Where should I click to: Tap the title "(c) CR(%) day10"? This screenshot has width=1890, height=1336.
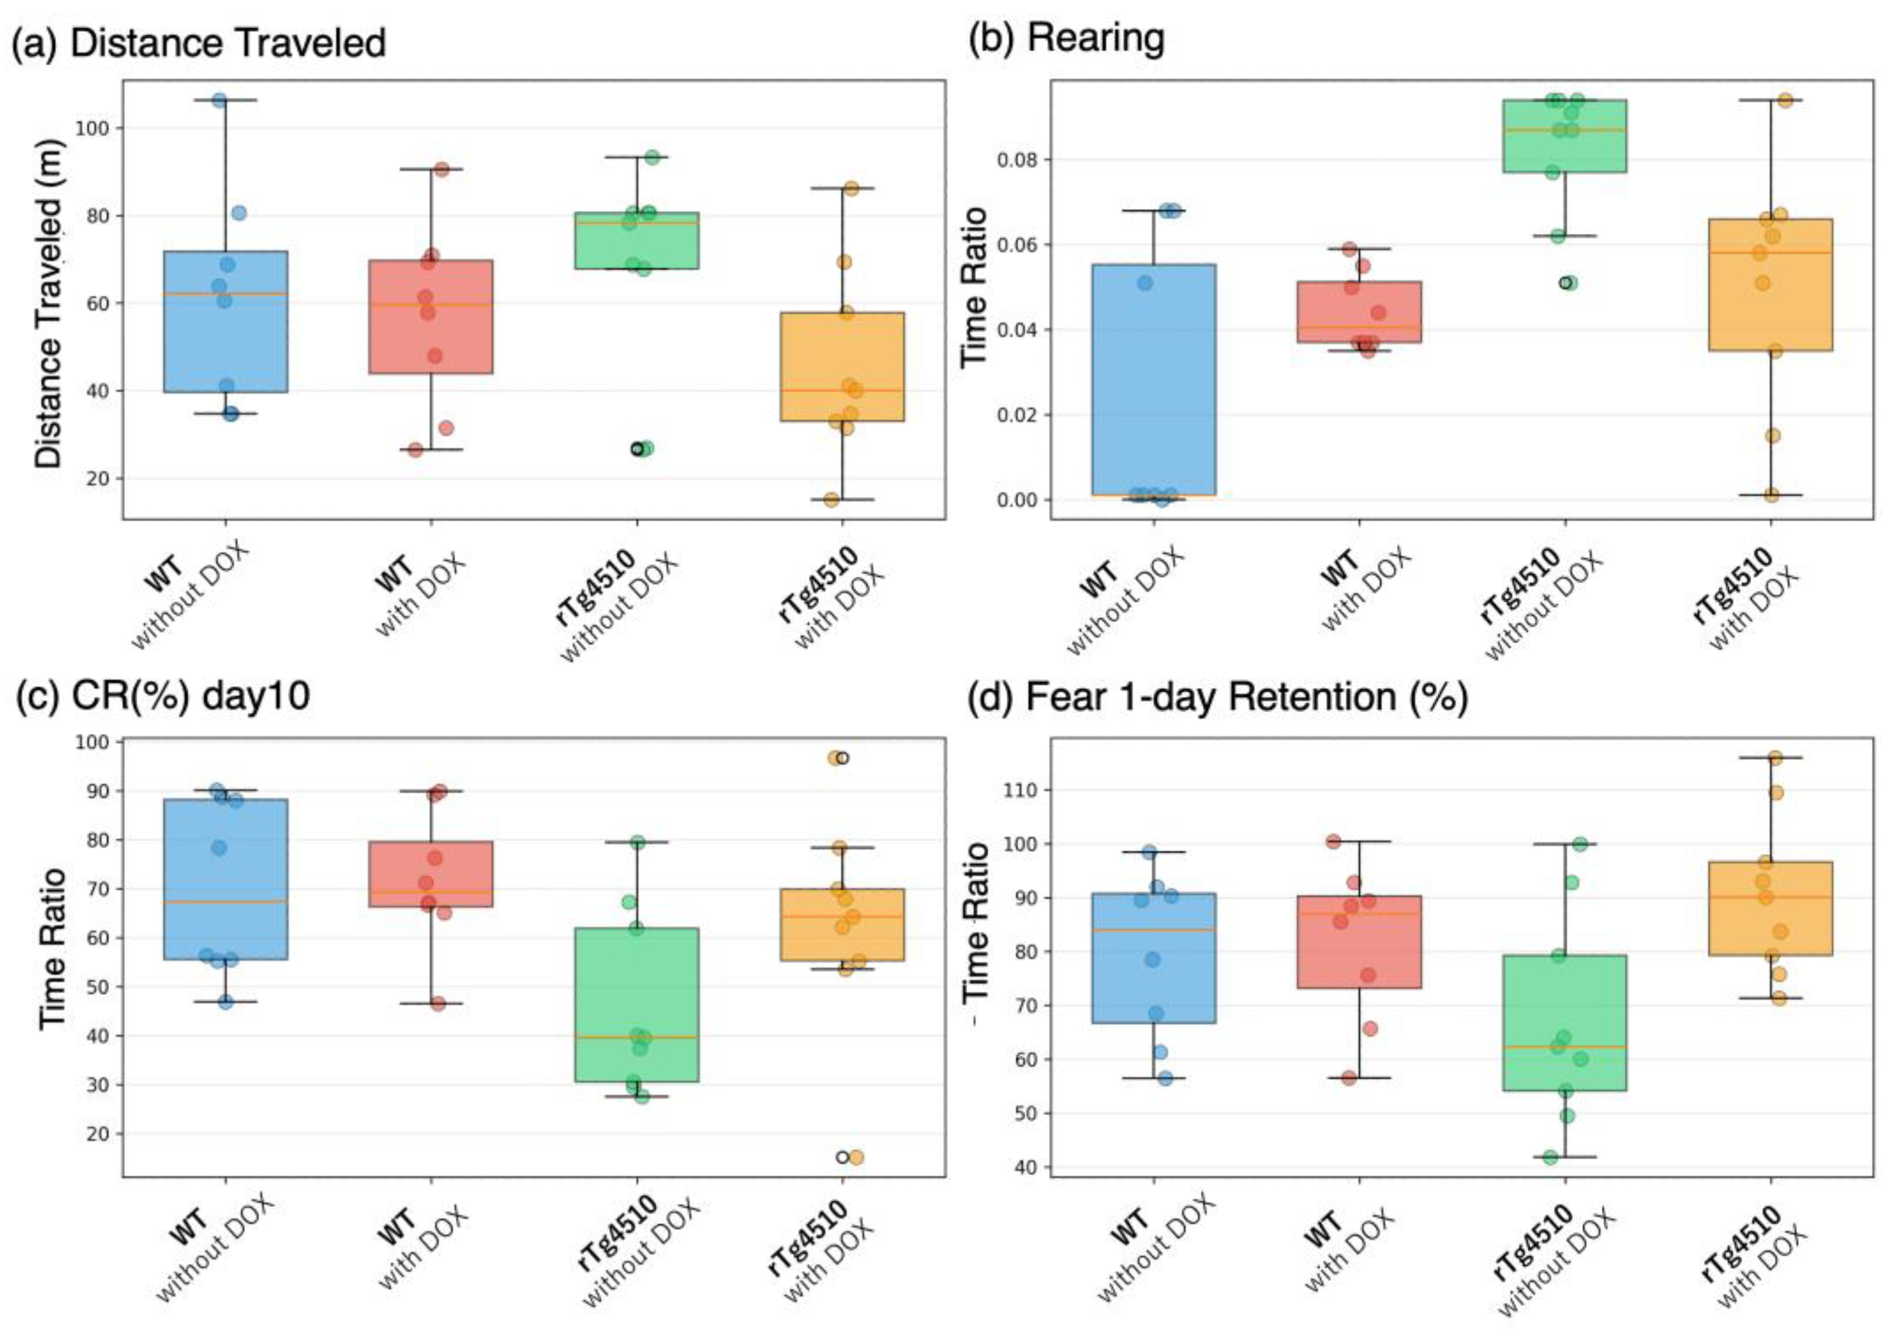point(164,696)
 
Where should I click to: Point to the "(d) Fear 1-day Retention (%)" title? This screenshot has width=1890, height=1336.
point(1217,697)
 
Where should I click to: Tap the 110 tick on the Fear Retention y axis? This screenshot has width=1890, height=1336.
point(1021,790)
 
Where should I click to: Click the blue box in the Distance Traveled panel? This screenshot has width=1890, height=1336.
point(225,321)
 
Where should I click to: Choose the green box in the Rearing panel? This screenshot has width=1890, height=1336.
point(1564,136)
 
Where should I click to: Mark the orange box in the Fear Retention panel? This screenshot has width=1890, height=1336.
point(1770,908)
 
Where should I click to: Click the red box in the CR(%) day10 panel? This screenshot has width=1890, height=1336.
point(431,873)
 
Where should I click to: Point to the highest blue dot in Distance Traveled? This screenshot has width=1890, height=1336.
point(219,101)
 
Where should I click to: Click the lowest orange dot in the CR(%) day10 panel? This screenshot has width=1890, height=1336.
point(856,1157)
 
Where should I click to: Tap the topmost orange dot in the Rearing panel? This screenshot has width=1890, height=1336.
point(1785,101)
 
